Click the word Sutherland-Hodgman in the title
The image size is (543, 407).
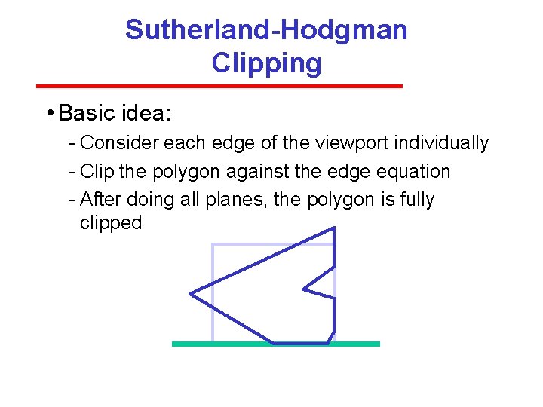[266, 30]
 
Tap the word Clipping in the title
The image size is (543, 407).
[266, 63]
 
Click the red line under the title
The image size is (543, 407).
[219, 86]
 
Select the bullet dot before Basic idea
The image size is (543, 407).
[48, 113]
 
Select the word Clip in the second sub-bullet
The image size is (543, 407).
[97, 171]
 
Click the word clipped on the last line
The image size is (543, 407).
[110, 223]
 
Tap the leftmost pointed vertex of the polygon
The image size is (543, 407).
[190, 293]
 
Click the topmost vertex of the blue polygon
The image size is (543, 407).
[333, 228]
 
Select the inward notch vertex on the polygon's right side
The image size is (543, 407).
[303, 288]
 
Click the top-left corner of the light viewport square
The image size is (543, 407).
[213, 245]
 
